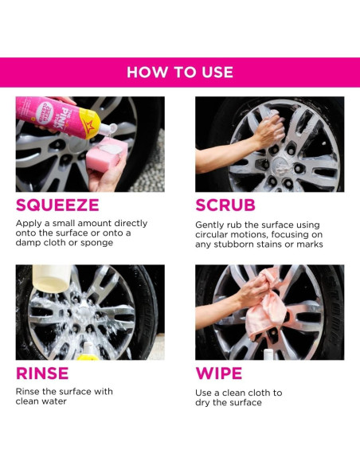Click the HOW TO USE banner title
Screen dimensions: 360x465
coord(180,72)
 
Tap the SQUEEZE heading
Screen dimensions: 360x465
coord(57,205)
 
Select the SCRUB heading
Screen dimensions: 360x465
coord(225,205)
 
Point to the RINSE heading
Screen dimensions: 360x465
coord(42,373)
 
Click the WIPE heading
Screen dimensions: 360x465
coord(219,373)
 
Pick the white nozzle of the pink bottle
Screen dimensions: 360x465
coord(108,130)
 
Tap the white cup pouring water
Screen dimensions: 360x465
coord(52,279)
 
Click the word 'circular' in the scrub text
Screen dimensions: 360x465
coord(211,235)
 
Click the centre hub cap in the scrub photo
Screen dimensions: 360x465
coord(280,166)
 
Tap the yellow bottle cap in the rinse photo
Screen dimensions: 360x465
coord(88,357)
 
